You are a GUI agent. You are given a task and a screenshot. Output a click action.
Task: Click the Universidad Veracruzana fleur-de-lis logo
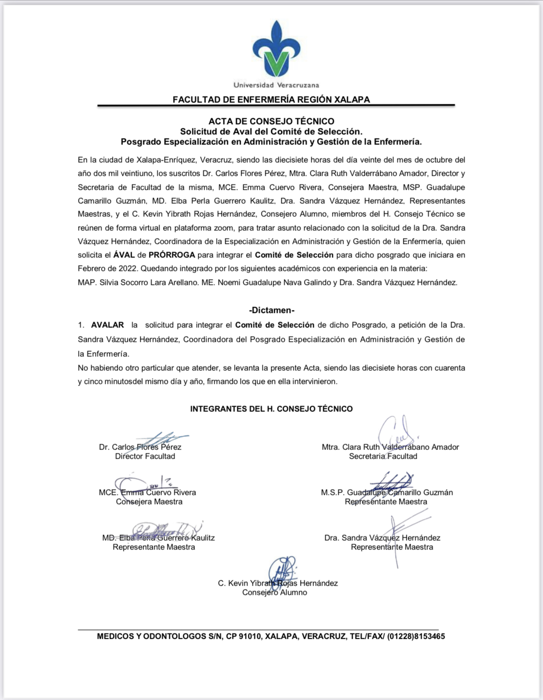pyautogui.click(x=276, y=49)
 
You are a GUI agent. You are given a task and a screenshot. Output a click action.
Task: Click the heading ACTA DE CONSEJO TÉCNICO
pyautogui.click(x=271, y=121)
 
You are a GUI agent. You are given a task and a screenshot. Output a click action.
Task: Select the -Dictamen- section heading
pyautogui.click(x=272, y=310)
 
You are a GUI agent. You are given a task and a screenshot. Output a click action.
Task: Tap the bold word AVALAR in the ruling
pyautogui.click(x=107, y=325)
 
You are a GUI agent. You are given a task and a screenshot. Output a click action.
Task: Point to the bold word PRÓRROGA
pyautogui.click(x=172, y=255)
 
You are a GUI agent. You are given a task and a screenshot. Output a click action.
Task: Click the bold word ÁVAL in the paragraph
pyautogui.click(x=124, y=255)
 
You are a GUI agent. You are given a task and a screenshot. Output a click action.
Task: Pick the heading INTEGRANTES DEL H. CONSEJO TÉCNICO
pyautogui.click(x=271, y=409)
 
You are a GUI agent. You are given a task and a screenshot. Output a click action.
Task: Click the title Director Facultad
pyautogui.click(x=145, y=456)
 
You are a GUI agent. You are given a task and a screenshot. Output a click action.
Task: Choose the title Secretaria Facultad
pyautogui.click(x=383, y=456)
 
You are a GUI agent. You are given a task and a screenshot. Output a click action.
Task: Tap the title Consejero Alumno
pyautogui.click(x=274, y=592)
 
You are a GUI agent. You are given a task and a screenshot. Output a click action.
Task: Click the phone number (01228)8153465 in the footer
pyautogui.click(x=416, y=636)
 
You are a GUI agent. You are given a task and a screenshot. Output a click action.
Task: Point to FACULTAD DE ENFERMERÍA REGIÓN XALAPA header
pyautogui.click(x=271, y=99)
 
